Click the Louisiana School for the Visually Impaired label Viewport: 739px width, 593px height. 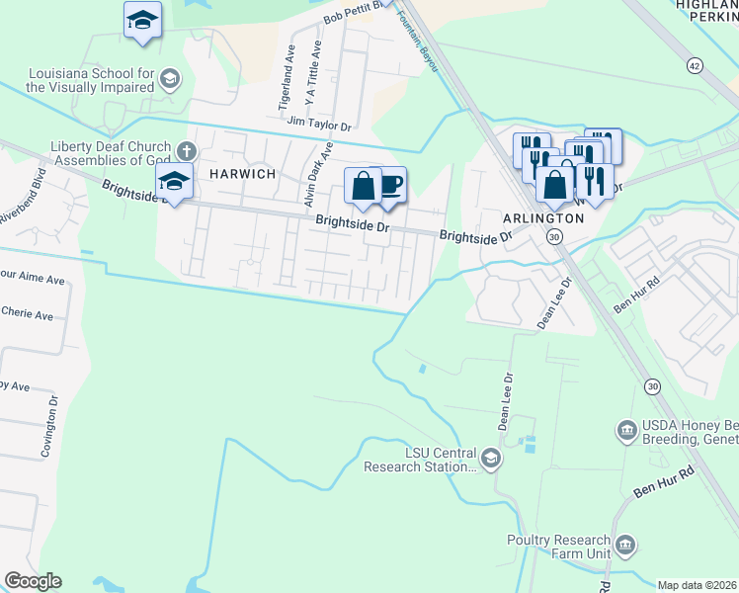pos(91,81)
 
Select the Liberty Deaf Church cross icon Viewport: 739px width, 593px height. pos(187,152)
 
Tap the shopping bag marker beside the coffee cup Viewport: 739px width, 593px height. pos(363,186)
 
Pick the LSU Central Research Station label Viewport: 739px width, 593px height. pos(422,460)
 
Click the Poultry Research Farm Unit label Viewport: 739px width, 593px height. pos(558,547)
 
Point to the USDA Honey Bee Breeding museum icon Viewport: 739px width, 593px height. pos(625,430)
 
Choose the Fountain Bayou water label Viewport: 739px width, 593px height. pos(417,27)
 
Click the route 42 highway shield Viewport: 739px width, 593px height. pos(696,65)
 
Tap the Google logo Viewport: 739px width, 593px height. pos(33,581)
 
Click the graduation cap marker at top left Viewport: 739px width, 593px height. pos(143,20)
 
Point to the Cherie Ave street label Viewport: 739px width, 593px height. pos(27,315)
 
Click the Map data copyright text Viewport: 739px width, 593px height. pos(697,585)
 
